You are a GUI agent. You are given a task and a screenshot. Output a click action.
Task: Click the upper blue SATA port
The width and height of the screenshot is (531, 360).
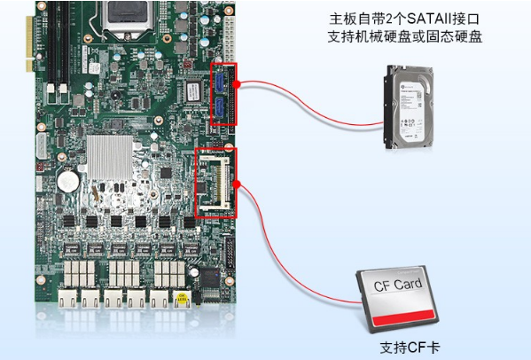[218, 84]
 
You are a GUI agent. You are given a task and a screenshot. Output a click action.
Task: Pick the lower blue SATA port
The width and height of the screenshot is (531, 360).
[218, 108]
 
